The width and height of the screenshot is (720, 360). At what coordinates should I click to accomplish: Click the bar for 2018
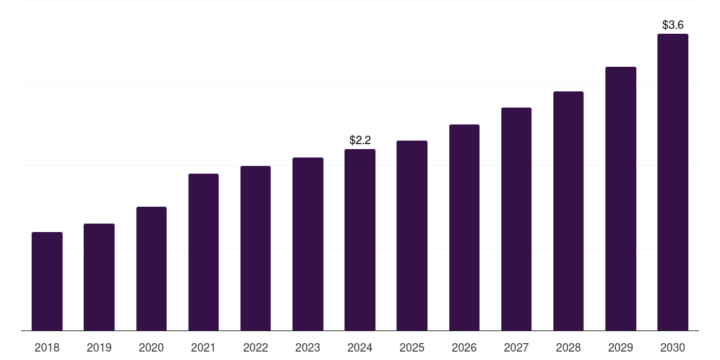click(x=47, y=281)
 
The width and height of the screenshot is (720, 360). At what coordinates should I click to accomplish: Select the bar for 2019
click(x=99, y=277)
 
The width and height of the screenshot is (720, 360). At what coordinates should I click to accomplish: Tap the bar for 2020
click(x=151, y=269)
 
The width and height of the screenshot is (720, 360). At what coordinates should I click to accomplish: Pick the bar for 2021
click(x=203, y=252)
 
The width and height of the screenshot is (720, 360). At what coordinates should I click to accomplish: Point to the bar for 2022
click(x=255, y=248)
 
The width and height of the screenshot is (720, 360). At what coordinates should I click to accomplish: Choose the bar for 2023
click(x=308, y=244)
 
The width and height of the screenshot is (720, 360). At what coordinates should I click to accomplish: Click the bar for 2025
click(x=412, y=236)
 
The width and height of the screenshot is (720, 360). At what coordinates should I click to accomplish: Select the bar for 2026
click(x=464, y=227)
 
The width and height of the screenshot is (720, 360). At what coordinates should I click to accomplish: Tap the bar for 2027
click(x=516, y=219)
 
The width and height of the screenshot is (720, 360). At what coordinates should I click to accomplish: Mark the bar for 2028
click(x=568, y=211)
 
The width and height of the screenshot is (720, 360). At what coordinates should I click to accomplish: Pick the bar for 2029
click(x=620, y=198)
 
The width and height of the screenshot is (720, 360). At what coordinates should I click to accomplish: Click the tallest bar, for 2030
click(x=673, y=182)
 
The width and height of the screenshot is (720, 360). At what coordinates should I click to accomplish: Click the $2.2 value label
click(x=360, y=141)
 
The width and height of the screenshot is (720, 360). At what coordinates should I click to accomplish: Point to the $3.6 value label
click(x=673, y=25)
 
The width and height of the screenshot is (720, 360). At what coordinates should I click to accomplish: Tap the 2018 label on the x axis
click(x=47, y=347)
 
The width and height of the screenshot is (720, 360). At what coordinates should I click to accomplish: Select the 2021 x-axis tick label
click(x=203, y=347)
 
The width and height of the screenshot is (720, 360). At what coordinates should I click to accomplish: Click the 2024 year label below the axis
click(x=360, y=347)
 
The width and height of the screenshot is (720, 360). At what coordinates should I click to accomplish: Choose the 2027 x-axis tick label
click(x=516, y=347)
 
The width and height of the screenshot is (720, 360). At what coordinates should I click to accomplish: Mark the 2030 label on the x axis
click(x=673, y=347)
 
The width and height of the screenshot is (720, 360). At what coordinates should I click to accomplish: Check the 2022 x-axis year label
click(x=255, y=347)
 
